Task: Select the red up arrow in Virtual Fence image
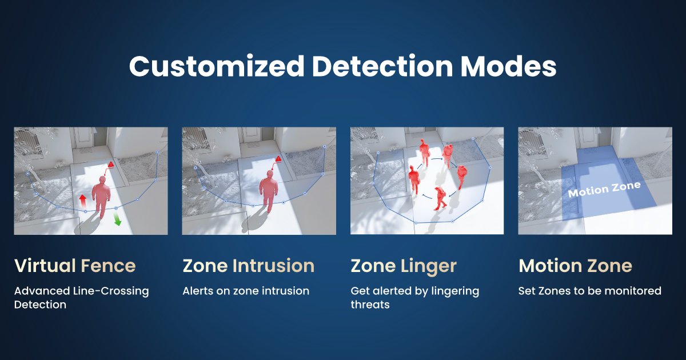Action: coord(82,200)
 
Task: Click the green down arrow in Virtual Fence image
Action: coord(117,219)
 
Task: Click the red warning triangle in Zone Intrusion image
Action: coord(278,159)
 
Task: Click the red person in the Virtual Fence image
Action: coord(102,194)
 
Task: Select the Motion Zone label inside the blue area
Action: coord(604,189)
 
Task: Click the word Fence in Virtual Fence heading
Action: coord(108,266)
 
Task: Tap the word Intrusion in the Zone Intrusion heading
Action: coord(273,266)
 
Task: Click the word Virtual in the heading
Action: coord(45,266)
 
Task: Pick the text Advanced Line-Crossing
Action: coord(81,291)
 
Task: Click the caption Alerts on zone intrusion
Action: coord(246,291)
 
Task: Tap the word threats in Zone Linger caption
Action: coord(370,305)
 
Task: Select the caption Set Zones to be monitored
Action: coord(589,291)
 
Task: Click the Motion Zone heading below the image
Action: coord(575,266)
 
